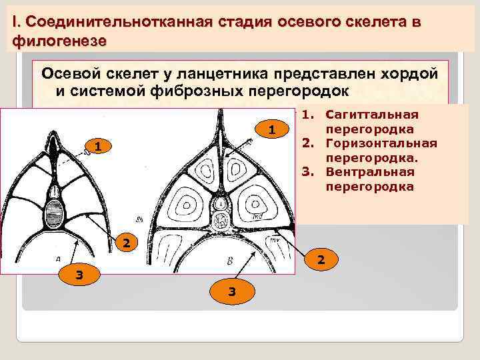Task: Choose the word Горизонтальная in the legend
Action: (381, 143)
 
